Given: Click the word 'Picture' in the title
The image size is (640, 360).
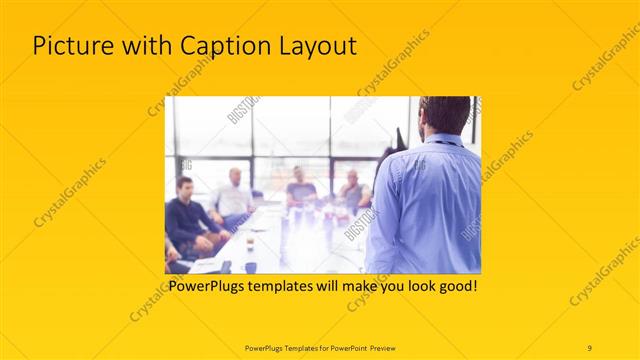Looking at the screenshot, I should click(x=72, y=46).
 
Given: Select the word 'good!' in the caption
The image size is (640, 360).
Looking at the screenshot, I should click(x=454, y=286).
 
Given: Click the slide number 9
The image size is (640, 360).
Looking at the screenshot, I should click(x=590, y=347).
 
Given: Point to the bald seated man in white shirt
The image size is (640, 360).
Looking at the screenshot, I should click(x=233, y=195).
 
